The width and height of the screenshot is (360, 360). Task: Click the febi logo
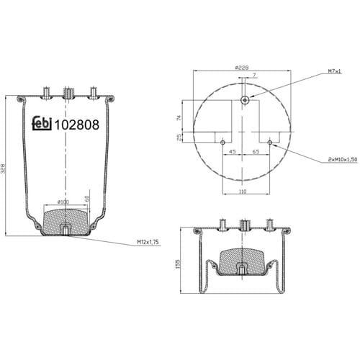point(42,124)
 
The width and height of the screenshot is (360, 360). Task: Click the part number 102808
point(77,125)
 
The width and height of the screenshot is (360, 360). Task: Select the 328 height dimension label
point(4,168)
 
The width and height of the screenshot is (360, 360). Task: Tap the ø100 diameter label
point(63,202)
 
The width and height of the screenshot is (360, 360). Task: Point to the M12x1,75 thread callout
point(148,242)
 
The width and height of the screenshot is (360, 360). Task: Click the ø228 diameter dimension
point(242,68)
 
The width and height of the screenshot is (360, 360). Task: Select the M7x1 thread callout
point(334,71)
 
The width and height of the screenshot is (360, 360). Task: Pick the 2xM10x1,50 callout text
point(343,159)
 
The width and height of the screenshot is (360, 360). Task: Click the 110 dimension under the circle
point(243,192)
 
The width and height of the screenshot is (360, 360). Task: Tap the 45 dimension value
point(233,151)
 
